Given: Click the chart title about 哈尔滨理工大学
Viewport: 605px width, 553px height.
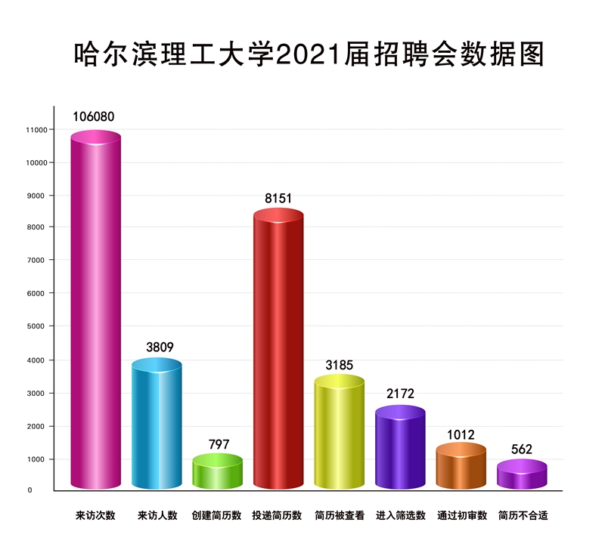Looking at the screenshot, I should [x=309, y=54].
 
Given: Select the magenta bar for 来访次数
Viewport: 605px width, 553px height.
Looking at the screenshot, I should [x=96, y=310].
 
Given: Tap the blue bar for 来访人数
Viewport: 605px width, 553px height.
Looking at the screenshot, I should [x=157, y=423].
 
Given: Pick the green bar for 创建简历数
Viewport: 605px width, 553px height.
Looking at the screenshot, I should [x=218, y=471].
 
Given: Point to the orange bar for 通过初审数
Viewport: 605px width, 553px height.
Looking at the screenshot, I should [x=461, y=465].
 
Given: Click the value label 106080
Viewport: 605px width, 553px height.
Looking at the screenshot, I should [x=94, y=117].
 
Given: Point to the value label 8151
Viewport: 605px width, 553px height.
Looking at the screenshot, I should [x=278, y=199].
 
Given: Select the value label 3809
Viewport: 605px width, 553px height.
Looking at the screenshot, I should [x=160, y=348].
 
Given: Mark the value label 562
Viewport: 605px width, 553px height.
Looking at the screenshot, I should [x=522, y=450].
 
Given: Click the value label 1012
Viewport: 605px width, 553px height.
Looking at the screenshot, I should [x=461, y=434].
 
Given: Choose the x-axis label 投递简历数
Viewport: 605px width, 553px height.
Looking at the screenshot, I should [x=277, y=516].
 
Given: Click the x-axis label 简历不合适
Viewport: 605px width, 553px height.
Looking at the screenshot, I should [x=523, y=516].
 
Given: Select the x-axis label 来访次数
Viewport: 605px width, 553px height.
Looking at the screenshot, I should [x=95, y=516].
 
